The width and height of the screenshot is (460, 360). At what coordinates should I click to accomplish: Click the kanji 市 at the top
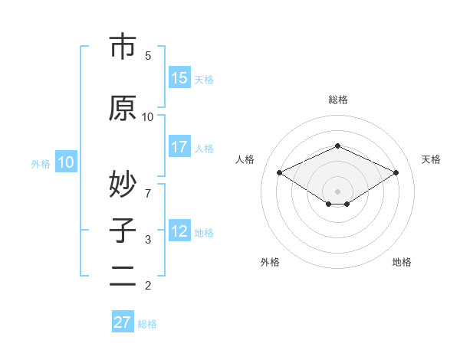123,47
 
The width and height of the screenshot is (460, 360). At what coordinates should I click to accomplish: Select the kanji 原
123,108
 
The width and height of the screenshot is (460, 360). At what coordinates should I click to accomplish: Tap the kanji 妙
123,184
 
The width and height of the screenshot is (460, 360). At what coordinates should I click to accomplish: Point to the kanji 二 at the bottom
123,276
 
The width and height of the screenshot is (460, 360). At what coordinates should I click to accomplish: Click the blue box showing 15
179,78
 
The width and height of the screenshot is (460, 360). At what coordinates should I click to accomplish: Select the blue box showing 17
179,147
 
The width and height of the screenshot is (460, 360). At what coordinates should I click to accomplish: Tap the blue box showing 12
179,231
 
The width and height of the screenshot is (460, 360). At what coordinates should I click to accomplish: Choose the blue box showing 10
66,162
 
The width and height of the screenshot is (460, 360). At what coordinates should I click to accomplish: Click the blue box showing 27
123,322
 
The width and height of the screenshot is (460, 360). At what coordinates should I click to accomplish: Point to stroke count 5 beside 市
148,56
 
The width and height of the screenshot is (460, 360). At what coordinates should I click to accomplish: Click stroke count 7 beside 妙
148,185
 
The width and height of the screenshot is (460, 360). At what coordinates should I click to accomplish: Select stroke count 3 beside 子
148,240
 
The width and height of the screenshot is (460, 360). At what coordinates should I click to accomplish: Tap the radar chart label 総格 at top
337,100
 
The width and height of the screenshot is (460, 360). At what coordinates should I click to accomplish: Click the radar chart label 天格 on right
432,159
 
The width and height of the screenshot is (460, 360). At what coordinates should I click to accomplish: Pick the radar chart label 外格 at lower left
270,262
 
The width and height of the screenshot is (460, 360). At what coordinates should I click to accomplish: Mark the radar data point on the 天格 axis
396,172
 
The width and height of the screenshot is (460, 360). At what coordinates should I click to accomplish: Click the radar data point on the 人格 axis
279,172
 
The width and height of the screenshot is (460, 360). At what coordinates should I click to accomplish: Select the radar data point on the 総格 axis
337,146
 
